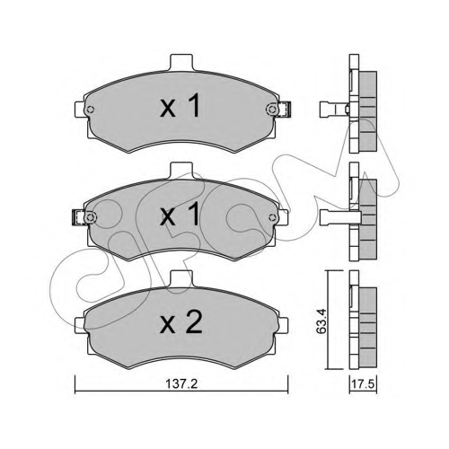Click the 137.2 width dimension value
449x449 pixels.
pos(181,383)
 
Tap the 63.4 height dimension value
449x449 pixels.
pos(321,321)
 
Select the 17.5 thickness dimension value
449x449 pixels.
pos(363,384)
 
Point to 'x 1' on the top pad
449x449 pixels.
pos(180,105)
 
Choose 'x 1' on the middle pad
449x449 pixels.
pos(180,214)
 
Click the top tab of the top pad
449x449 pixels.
pos(181,62)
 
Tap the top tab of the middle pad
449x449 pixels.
pos(181,171)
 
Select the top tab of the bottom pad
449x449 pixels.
pos(181,278)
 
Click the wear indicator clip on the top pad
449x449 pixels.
pos(285,110)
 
